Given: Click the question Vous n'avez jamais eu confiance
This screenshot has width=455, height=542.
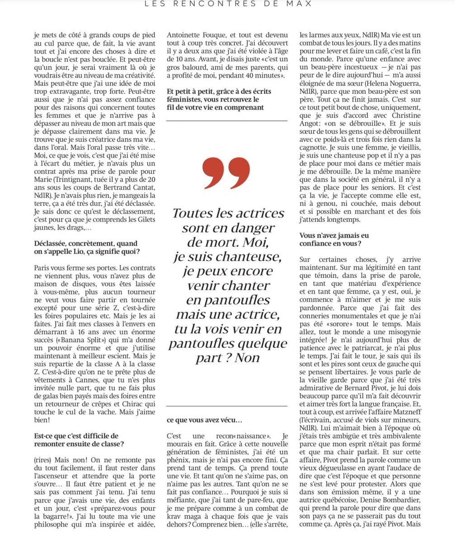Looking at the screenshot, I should point(334,239).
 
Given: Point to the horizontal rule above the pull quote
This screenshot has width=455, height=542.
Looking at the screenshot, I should point(226,121).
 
